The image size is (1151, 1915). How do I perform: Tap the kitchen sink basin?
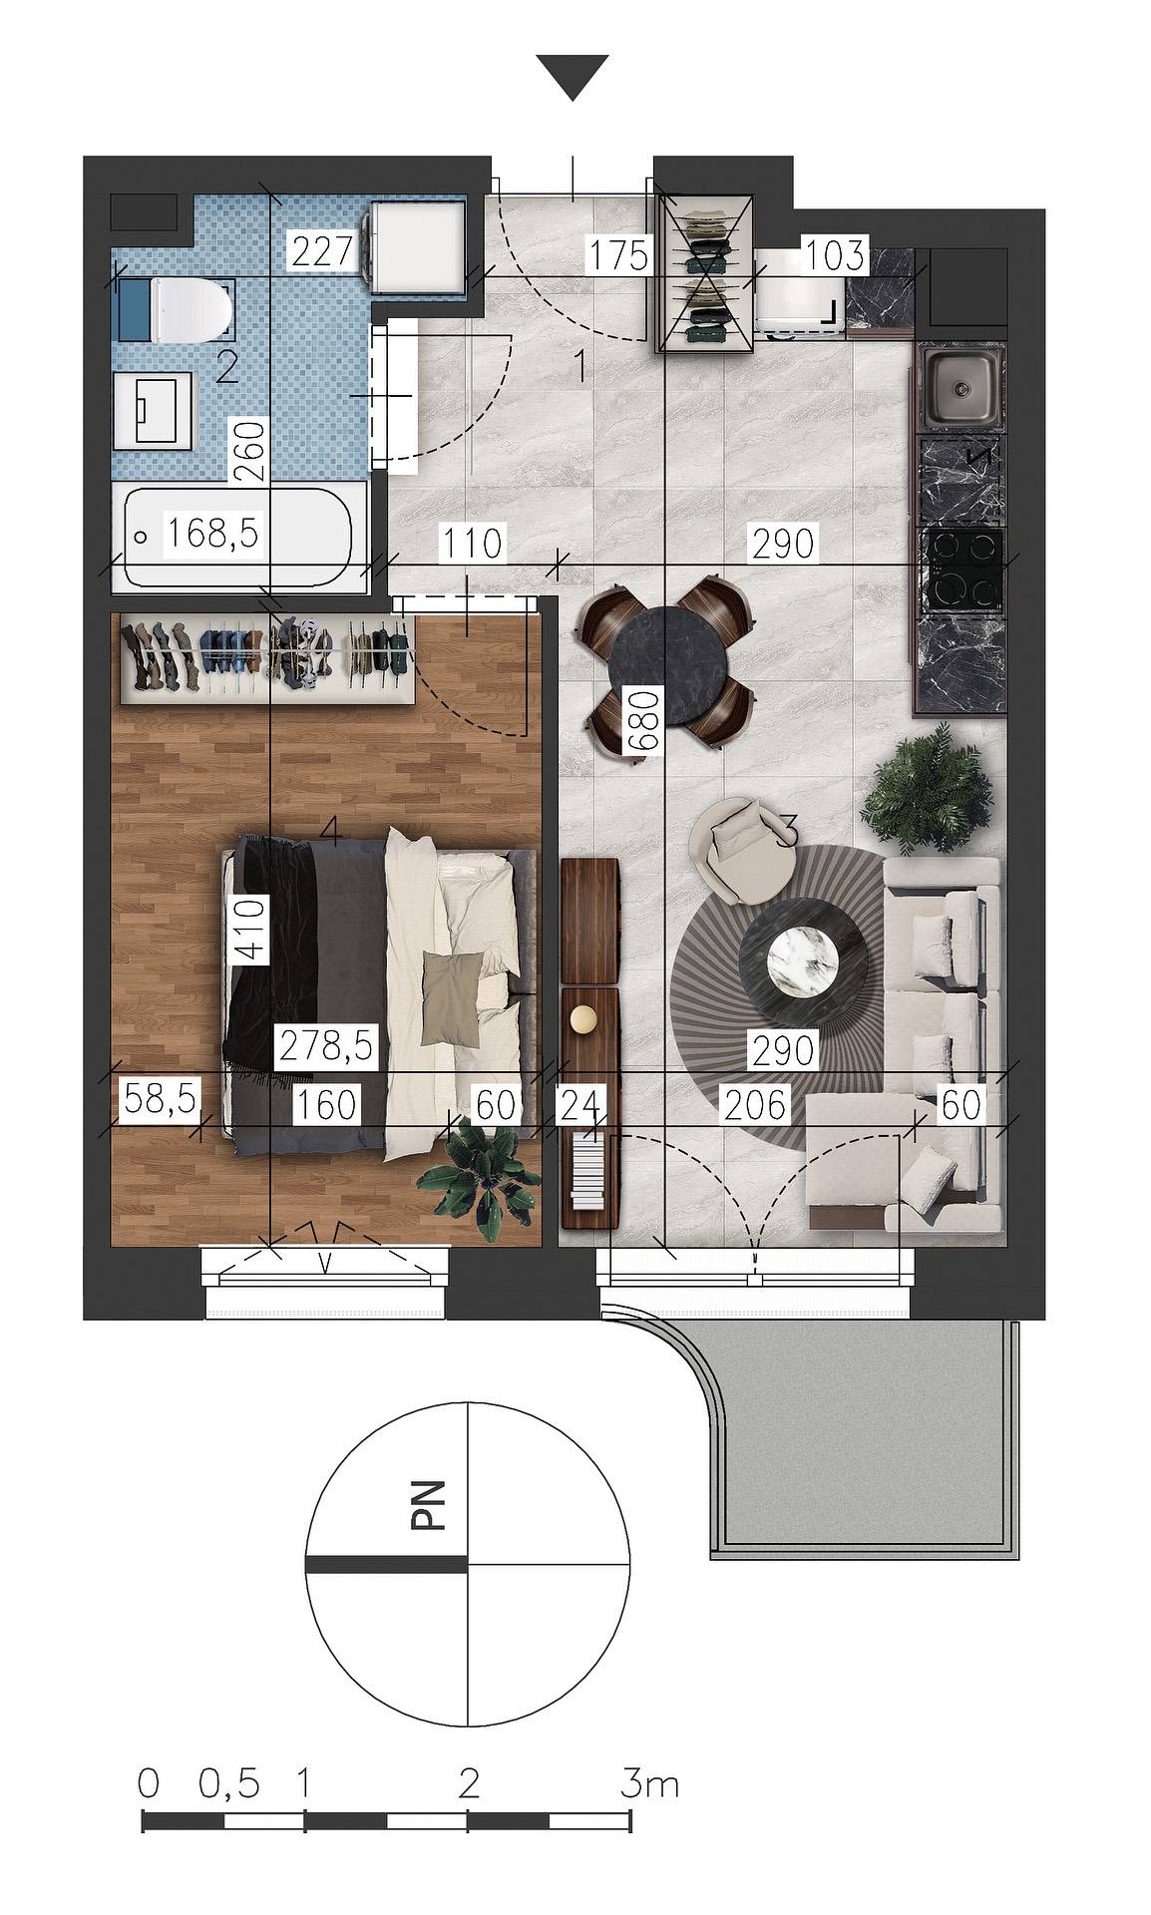(x=961, y=386)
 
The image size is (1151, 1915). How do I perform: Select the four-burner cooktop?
(x=963, y=568)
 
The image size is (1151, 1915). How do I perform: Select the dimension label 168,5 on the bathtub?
(x=212, y=534)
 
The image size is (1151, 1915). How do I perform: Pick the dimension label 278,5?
(x=326, y=1046)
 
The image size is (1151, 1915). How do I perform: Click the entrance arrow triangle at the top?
(x=573, y=78)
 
